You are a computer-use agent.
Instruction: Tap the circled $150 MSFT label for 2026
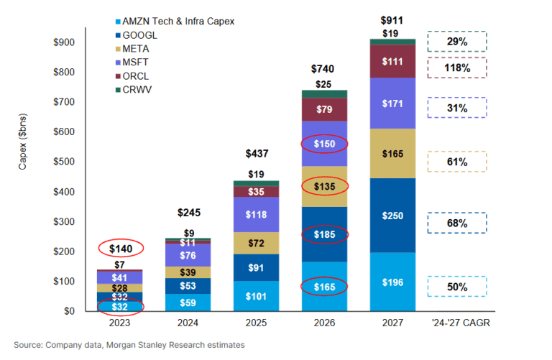pos(325,145)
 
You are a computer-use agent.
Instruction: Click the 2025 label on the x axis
pos(256,323)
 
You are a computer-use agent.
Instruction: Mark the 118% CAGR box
pos(457,68)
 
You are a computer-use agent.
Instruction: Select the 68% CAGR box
pos(457,223)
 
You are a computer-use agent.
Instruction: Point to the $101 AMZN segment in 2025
pos(256,296)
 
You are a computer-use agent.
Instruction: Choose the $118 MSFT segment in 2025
pos(256,215)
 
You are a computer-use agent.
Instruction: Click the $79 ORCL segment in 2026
pos(325,109)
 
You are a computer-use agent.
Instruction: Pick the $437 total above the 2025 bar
pos(256,154)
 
